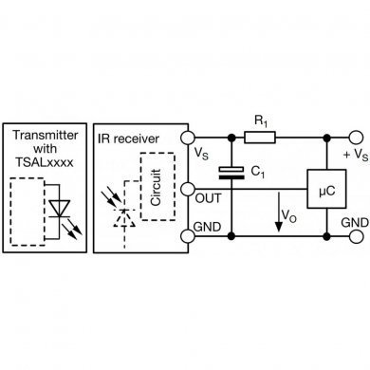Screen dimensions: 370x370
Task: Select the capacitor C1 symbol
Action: click(x=230, y=173)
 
